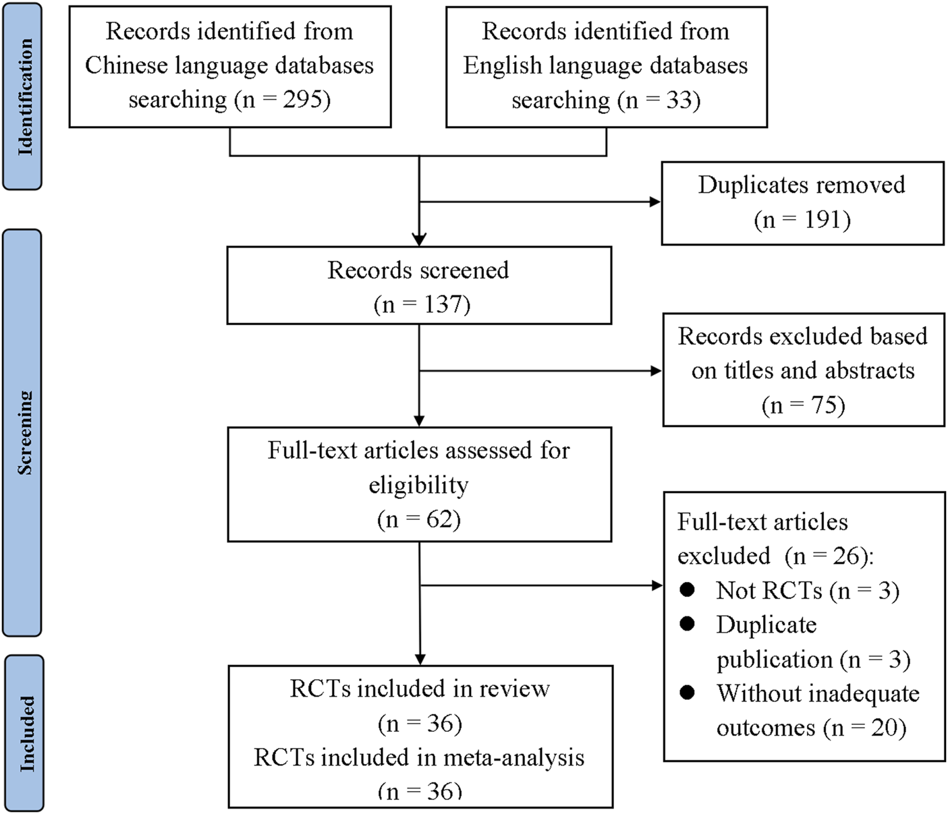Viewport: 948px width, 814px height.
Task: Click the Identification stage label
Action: [24, 96]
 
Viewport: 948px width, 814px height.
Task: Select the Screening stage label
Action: [24, 432]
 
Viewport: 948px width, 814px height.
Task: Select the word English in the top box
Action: [503, 65]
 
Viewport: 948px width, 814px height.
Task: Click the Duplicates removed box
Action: [802, 202]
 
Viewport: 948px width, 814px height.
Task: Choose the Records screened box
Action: [418, 286]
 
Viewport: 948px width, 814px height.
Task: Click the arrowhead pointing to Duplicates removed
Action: [654, 202]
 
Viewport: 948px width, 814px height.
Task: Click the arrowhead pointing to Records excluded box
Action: [656, 370]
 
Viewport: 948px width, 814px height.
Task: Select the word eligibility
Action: [418, 485]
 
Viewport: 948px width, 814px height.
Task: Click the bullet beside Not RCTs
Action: [688, 590]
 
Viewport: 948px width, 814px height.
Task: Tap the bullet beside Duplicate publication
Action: [688, 624]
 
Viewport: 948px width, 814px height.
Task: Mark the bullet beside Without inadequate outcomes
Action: [688, 693]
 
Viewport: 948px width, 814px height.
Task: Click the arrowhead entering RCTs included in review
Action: [420, 659]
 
